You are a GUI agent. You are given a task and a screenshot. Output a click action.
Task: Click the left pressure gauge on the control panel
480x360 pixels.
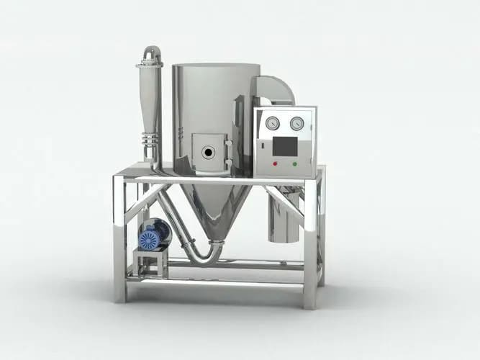tap(272, 123)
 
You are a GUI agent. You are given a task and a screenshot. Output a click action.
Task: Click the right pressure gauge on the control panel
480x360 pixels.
tap(296, 123)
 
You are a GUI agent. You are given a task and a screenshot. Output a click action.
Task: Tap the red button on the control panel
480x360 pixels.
tap(274, 163)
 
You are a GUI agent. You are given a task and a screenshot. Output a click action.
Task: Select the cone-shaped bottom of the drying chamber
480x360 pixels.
tap(217, 209)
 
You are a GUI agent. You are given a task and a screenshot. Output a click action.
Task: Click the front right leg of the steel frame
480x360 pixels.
tap(309, 245)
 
